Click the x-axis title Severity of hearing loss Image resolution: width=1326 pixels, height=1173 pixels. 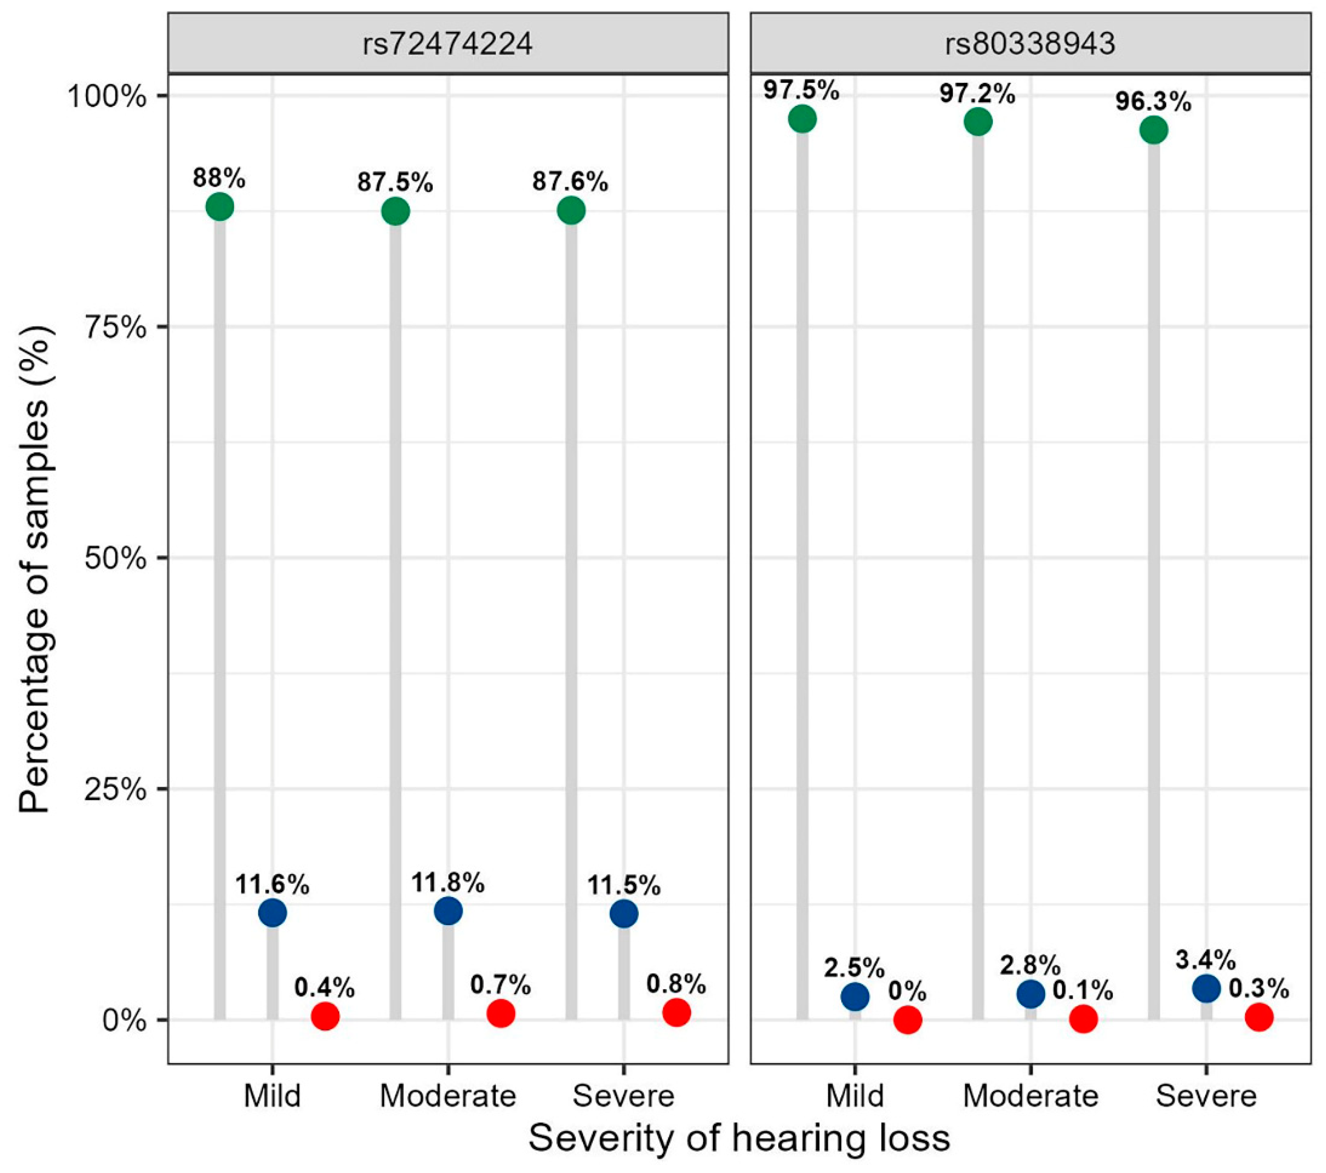pyautogui.click(x=739, y=1138)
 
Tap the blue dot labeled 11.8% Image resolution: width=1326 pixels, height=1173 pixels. pyautogui.click(x=447, y=911)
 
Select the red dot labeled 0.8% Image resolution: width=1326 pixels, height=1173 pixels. pyautogui.click(x=676, y=1012)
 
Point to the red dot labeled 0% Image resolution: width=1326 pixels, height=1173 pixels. pyautogui.click(x=908, y=1020)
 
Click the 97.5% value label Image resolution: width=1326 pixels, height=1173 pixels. pyautogui.click(x=801, y=91)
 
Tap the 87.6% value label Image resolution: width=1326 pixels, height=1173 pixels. pyautogui.click(x=570, y=182)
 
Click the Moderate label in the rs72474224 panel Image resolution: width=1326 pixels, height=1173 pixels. pyautogui.click(x=447, y=1096)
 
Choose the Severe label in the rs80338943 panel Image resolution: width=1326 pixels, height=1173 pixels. pyautogui.click(x=1206, y=1096)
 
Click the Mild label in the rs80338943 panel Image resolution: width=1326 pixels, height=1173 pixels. pyautogui.click(x=855, y=1096)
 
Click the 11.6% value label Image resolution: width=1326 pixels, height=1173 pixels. pyautogui.click(x=272, y=884)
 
